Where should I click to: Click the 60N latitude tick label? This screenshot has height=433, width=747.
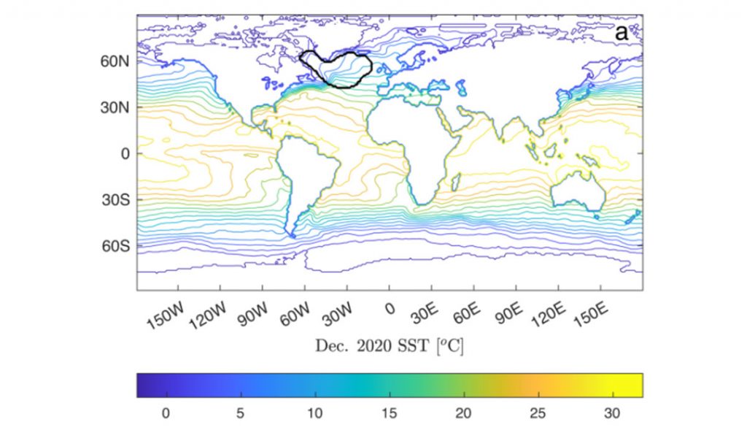tap(115, 61)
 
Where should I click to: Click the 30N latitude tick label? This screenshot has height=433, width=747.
tap(115, 107)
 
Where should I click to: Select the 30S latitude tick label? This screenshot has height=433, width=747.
tap(115, 200)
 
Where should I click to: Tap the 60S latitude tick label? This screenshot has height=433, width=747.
tap(115, 246)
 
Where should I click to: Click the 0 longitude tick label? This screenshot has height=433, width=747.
tap(390, 309)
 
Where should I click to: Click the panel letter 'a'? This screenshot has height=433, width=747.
tap(622, 33)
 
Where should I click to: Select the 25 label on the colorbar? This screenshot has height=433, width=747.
tap(538, 413)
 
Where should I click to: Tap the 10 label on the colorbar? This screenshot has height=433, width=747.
tap(314, 413)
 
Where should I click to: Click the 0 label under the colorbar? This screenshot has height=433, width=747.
tap(166, 413)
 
